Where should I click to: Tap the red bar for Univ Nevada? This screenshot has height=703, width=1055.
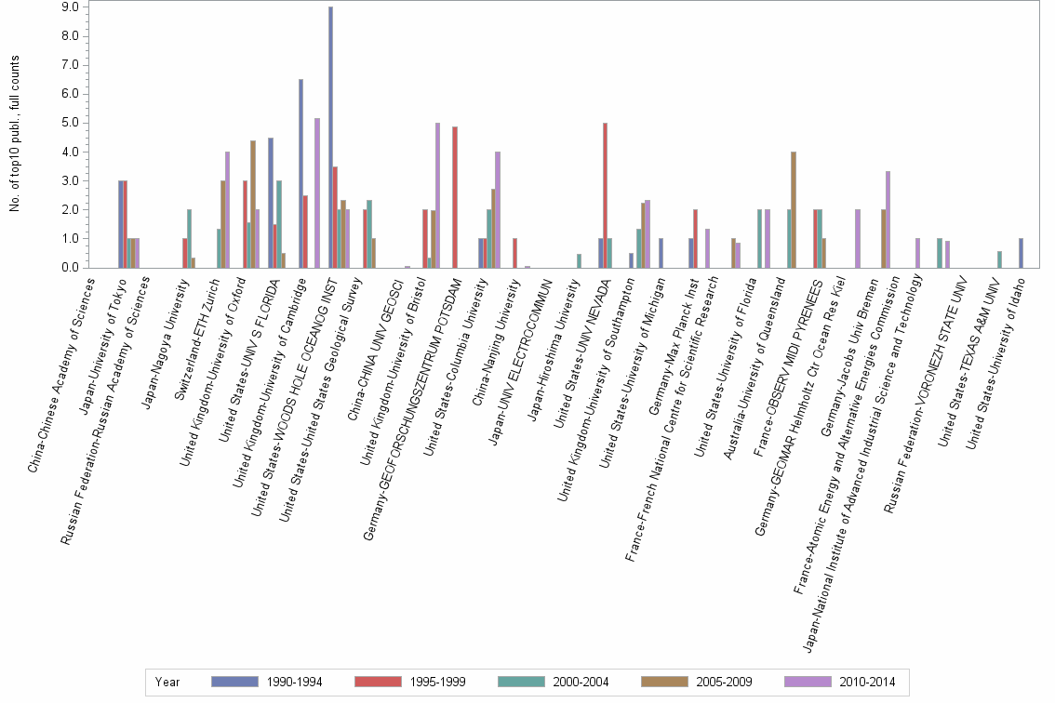[605, 195]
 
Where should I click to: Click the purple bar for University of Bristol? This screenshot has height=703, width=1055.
[437, 195]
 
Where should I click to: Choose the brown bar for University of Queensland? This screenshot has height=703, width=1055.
[793, 210]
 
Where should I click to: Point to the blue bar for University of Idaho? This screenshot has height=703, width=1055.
[1021, 254]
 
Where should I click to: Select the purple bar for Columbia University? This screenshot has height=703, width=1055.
[498, 210]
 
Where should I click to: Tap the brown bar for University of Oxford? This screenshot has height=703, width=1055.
[253, 205]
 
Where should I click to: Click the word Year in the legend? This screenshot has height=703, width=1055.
[167, 682]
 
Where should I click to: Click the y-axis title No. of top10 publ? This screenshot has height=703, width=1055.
[15, 133]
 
